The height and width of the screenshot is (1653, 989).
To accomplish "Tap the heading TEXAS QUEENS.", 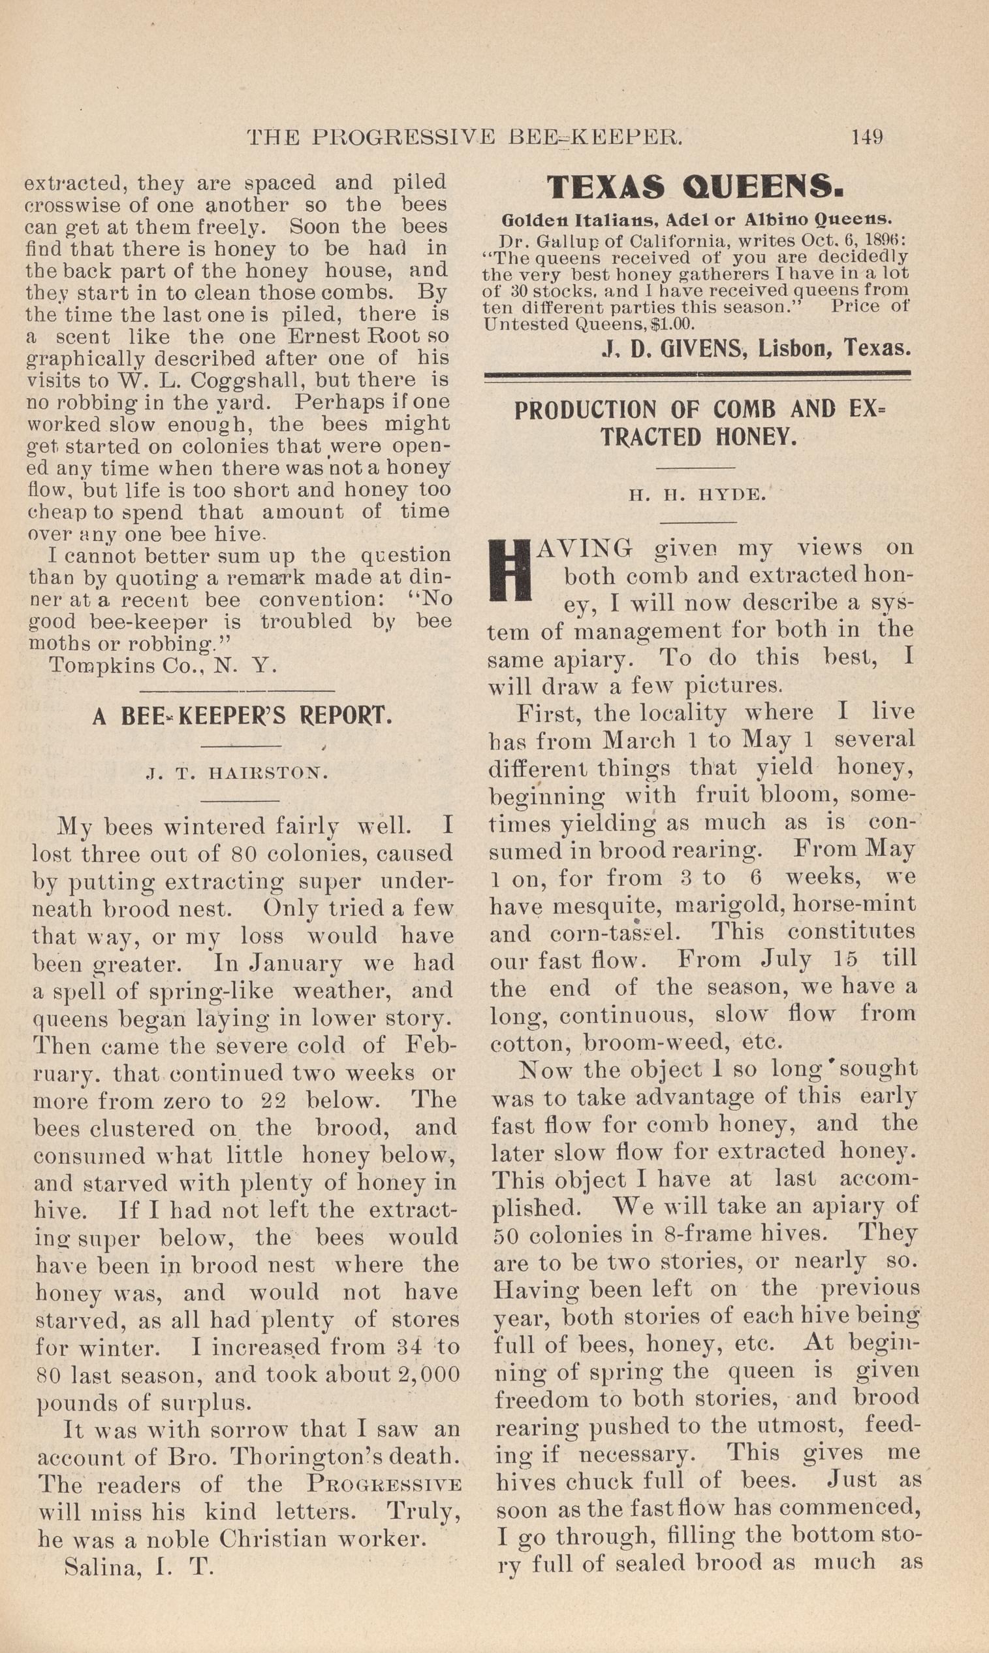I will tap(696, 188).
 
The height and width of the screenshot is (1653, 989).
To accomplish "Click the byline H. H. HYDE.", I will tap(697, 495).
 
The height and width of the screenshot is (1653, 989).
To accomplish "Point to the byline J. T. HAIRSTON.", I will tap(236, 774).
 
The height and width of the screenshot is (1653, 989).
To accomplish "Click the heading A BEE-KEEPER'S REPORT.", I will tap(242, 717).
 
